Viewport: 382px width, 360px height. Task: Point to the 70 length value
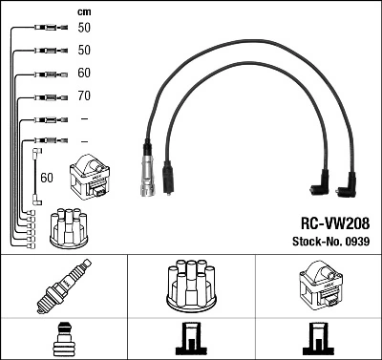click(x=84, y=96)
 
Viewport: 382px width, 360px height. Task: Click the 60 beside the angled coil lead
click(x=48, y=178)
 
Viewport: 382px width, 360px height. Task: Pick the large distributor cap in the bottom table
click(x=191, y=284)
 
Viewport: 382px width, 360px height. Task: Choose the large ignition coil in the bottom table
click(x=317, y=286)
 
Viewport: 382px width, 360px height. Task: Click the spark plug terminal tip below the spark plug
click(x=64, y=341)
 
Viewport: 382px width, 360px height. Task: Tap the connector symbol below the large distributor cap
click(x=191, y=341)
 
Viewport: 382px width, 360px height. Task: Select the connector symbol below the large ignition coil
click(x=317, y=341)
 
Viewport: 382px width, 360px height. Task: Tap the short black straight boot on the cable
click(x=167, y=177)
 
